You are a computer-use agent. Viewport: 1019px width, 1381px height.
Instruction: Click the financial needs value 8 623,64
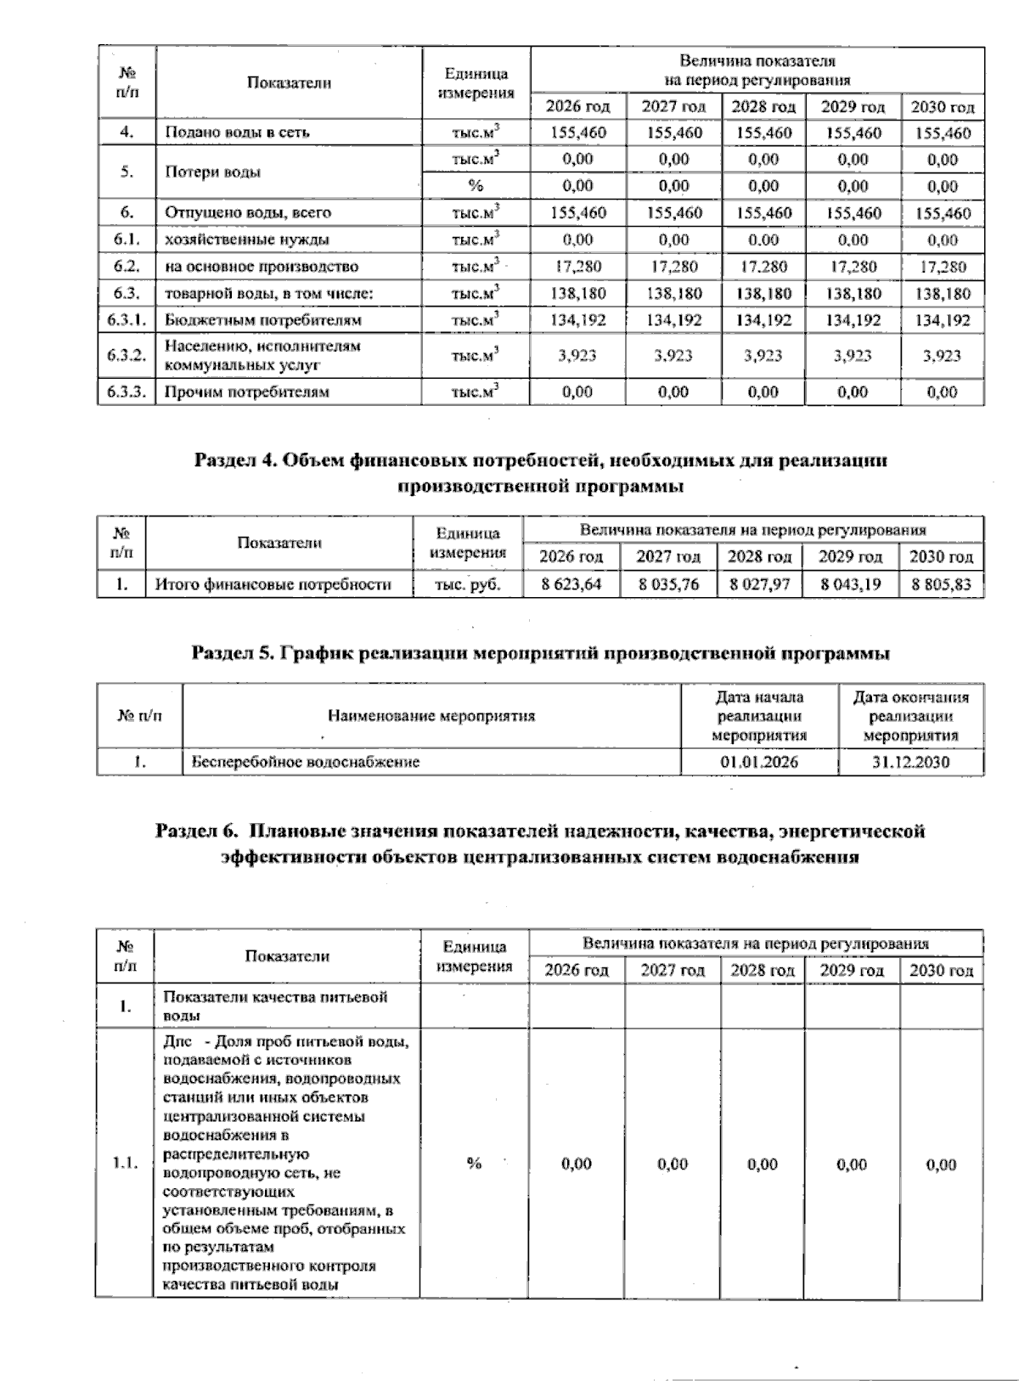click(x=571, y=584)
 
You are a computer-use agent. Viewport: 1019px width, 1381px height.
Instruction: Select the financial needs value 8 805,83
click(x=941, y=584)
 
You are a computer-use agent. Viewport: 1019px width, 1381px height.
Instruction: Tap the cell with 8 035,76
click(x=668, y=584)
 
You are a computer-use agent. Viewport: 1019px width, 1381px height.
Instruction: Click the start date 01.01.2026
click(x=759, y=762)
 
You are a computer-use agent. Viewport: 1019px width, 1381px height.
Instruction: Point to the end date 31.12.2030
click(x=910, y=762)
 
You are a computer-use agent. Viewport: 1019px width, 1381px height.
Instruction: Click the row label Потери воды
click(x=213, y=172)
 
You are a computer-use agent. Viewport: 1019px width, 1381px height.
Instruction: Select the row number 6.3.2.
click(x=126, y=356)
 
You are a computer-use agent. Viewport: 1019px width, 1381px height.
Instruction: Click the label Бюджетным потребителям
click(x=263, y=320)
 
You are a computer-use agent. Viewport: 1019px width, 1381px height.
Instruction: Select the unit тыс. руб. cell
click(x=467, y=584)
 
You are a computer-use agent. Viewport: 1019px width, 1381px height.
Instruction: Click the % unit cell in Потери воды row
click(x=476, y=186)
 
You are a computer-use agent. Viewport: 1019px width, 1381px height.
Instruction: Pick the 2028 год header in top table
click(x=763, y=107)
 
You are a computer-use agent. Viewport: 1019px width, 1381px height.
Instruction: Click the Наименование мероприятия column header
click(x=431, y=716)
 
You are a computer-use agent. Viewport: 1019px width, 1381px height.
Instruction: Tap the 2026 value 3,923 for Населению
click(x=577, y=356)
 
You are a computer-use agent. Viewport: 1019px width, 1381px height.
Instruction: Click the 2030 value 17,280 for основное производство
click(x=943, y=267)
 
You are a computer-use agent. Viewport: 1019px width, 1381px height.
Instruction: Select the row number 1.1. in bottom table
click(x=126, y=1164)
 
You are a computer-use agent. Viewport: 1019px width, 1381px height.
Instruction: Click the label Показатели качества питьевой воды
click(x=275, y=1006)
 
